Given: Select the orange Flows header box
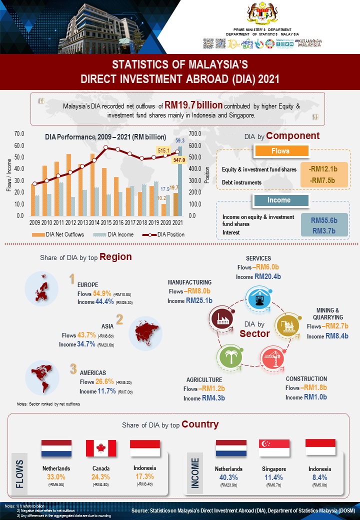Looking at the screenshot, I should coord(280,151).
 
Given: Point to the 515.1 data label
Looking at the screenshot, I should coord(164,150).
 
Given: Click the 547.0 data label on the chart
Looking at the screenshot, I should coord(179,160).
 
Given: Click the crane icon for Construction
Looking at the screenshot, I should coord(272,357).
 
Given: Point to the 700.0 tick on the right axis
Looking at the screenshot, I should coord(195,133).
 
